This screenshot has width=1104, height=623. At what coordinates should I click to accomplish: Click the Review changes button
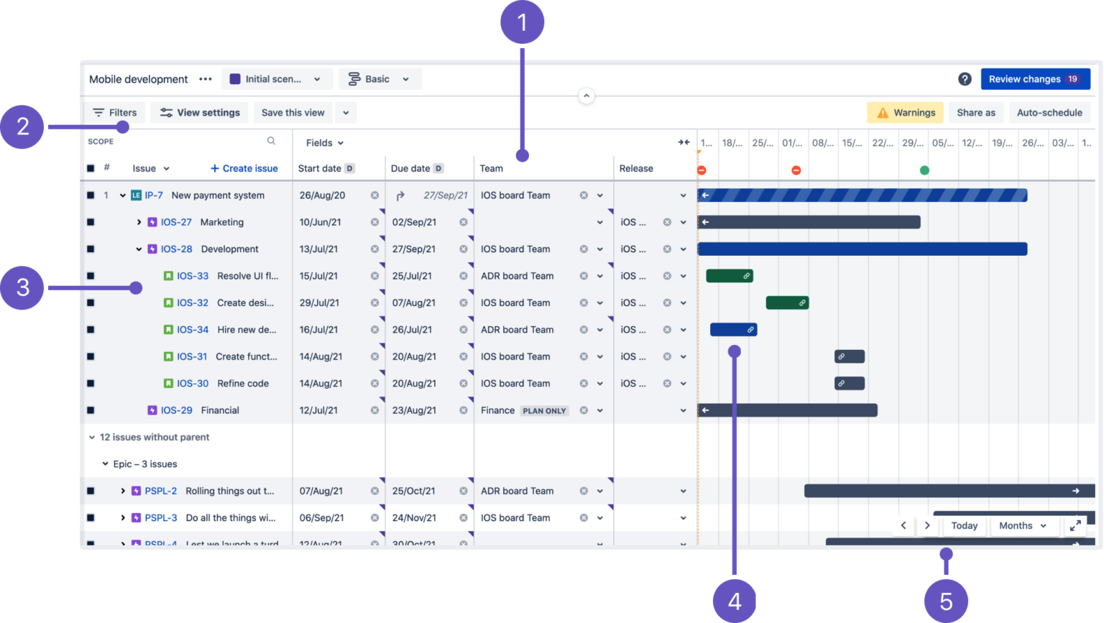point(1034,79)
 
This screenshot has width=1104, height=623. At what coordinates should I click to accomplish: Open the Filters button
point(115,113)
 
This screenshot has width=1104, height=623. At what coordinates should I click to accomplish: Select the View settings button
point(200,113)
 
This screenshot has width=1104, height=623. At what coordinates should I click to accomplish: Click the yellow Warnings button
point(905,113)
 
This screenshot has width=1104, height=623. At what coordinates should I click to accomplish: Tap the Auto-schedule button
point(1049,113)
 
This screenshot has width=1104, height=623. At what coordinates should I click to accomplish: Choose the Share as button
point(975,113)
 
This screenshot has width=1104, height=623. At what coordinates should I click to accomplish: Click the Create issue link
point(244,168)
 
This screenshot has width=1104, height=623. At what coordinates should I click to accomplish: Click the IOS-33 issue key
point(193,276)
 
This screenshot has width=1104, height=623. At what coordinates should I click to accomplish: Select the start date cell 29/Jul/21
point(321,303)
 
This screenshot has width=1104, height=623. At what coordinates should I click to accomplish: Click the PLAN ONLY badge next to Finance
point(544,411)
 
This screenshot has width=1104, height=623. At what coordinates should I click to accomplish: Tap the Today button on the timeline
point(964,526)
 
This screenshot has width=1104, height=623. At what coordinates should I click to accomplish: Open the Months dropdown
point(1022,526)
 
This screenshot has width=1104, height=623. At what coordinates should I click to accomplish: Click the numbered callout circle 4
point(734,601)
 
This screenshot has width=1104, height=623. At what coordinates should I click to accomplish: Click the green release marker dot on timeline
point(924,170)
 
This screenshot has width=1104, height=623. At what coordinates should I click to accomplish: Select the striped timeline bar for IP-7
point(862,195)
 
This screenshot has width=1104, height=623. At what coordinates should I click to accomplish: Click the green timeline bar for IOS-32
point(786,303)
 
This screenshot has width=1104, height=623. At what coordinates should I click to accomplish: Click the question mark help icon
point(965,79)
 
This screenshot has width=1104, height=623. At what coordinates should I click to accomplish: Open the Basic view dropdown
point(379,79)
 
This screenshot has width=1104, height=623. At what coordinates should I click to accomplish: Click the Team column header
point(492,168)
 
